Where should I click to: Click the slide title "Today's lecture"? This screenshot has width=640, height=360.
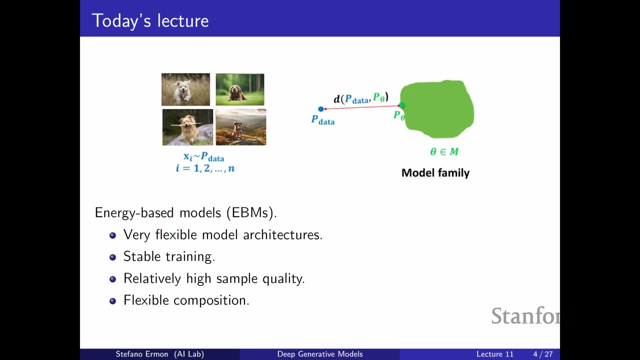point(150,21)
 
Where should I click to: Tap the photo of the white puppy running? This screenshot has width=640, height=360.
point(186,90)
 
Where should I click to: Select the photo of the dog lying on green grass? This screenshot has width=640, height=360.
point(240,90)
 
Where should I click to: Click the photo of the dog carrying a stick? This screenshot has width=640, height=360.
point(188,127)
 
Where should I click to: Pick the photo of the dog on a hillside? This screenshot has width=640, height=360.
point(241,127)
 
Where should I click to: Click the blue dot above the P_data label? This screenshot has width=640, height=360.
point(321,109)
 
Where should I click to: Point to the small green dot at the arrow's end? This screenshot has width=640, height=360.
point(402,105)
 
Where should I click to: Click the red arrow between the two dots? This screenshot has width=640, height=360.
point(362,107)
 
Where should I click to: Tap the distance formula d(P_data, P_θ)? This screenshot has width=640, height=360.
point(361,98)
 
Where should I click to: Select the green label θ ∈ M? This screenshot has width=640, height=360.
point(444,152)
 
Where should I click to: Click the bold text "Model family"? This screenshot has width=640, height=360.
point(435,173)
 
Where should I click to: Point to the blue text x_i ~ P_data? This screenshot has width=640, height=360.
point(204,157)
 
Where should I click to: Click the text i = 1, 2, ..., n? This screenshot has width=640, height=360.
point(205,168)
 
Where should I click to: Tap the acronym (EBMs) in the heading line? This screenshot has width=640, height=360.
point(251,213)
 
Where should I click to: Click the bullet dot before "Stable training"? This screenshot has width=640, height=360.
point(113,257)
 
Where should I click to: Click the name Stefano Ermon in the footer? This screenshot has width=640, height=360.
point(142,354)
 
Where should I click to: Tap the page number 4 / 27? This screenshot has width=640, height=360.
point(543,354)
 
